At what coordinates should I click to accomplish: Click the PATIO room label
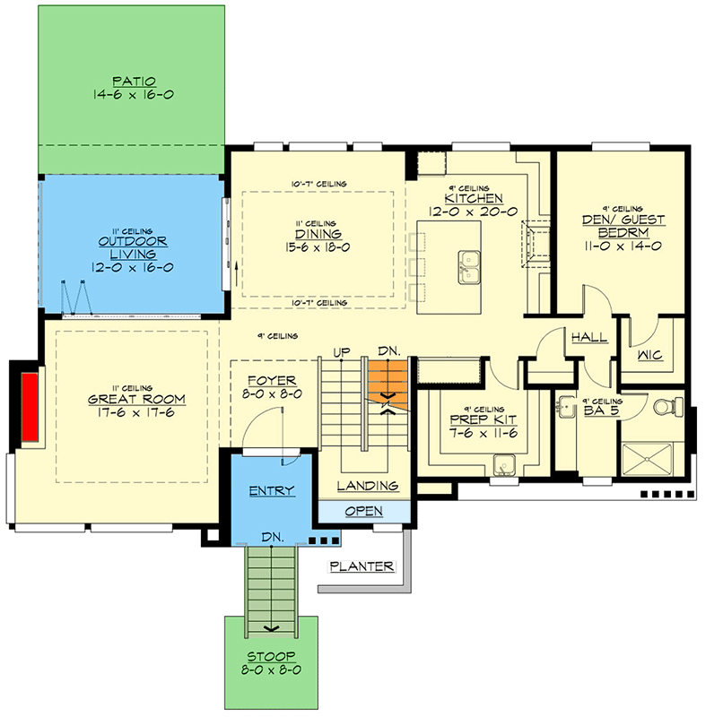click(132, 80)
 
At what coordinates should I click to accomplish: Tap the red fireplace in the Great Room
click(30, 406)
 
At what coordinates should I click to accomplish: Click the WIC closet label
click(649, 356)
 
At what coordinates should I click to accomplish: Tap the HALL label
click(589, 338)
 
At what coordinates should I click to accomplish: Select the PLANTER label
click(361, 566)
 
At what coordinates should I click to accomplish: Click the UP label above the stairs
click(341, 350)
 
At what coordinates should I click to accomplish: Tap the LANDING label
click(368, 486)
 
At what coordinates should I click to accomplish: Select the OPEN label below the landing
click(363, 511)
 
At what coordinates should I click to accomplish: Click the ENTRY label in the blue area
click(272, 491)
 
